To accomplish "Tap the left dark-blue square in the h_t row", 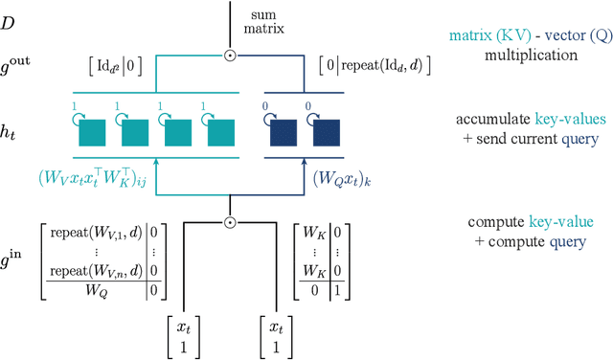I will coord(284,134).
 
